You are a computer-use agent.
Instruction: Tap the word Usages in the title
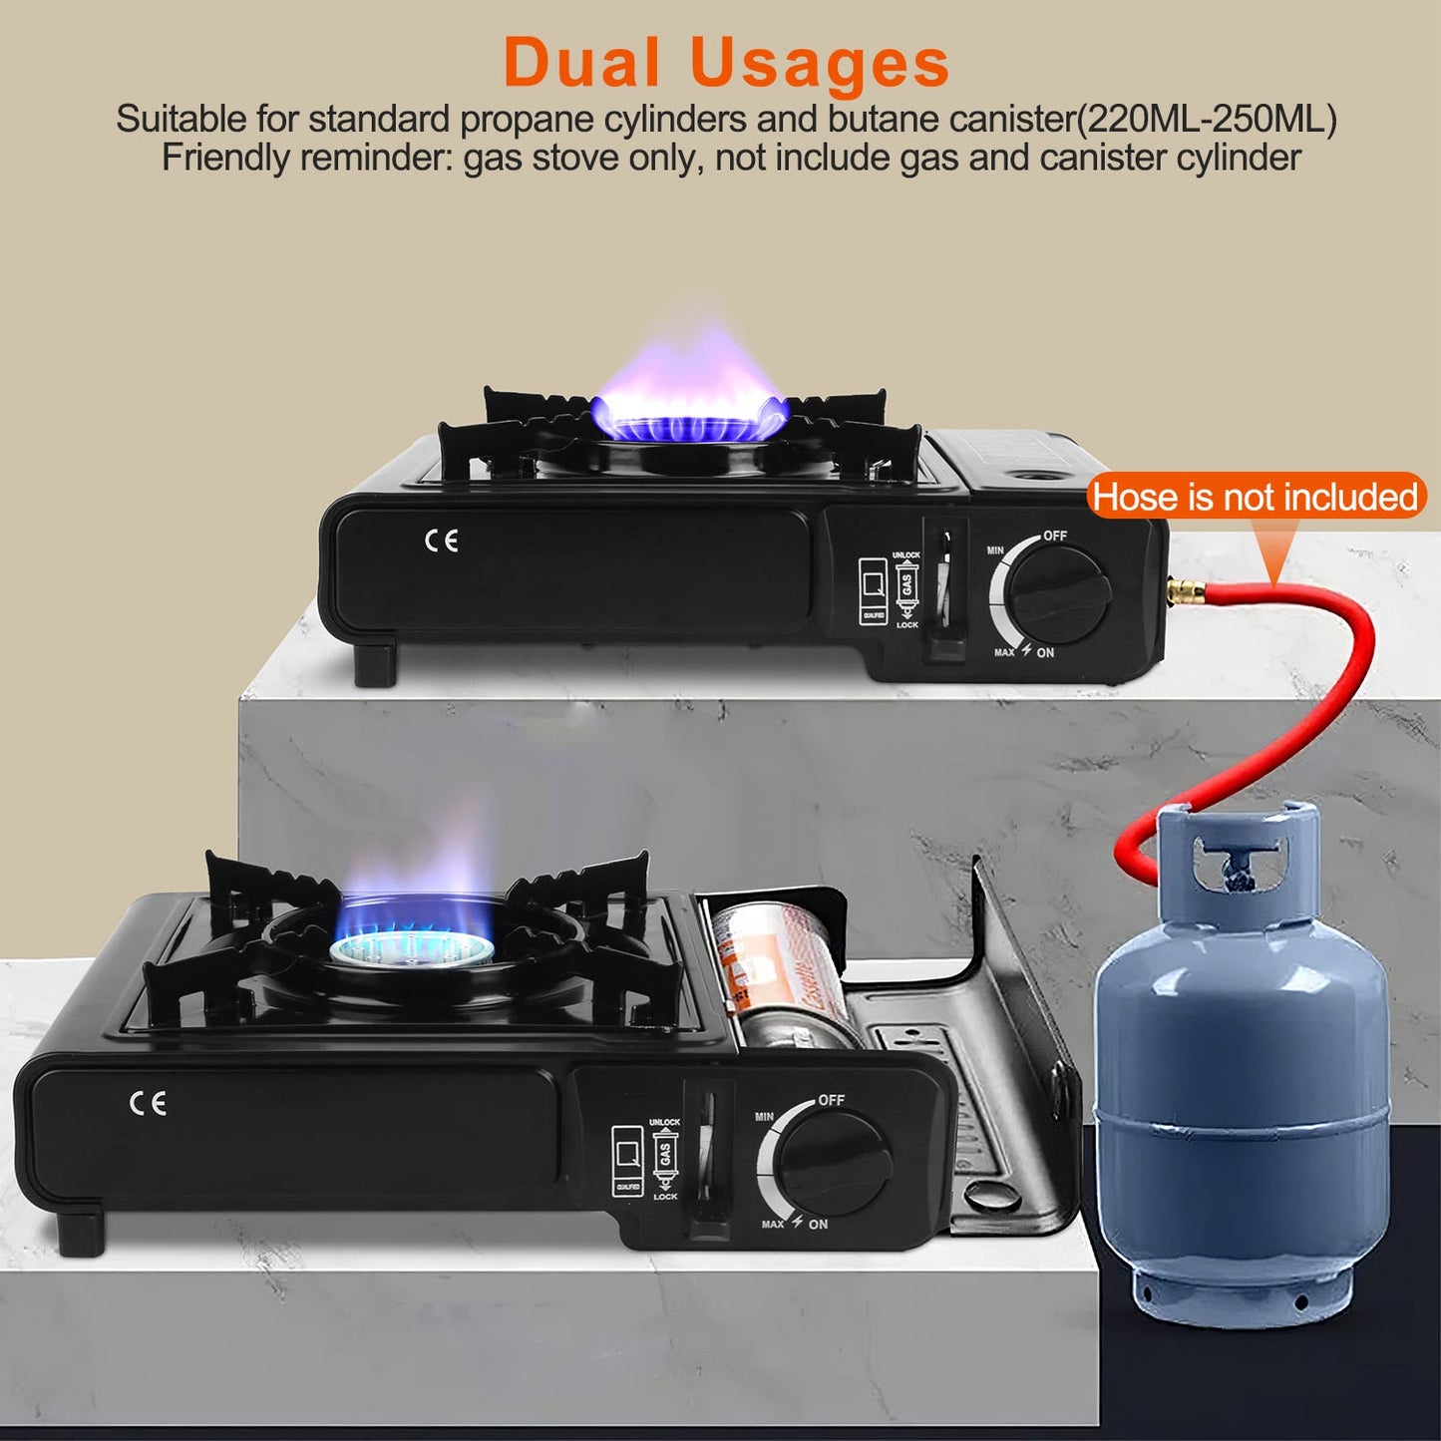[x=819, y=63]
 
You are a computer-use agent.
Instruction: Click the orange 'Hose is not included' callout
[x=1255, y=497]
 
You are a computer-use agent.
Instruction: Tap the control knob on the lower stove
[x=834, y=1163]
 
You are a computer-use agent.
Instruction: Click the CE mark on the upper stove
[x=441, y=540]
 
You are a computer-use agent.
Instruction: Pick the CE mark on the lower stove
[x=148, y=1103]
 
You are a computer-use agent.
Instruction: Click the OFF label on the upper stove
[x=1055, y=536]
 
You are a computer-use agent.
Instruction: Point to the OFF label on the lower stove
[x=832, y=1100]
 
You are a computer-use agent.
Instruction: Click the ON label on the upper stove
[x=1045, y=653]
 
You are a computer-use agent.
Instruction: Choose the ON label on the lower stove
[x=819, y=1225]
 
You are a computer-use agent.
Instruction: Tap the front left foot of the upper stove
[x=376, y=665]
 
